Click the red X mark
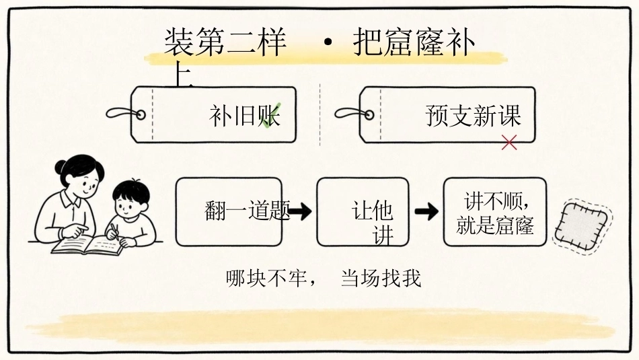[509, 143]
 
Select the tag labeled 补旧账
[213, 114]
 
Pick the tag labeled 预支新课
[447, 114]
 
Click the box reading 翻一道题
[229, 211]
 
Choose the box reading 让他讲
[363, 211]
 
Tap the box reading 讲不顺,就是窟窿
[495, 211]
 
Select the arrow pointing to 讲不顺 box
[426, 211]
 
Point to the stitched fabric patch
[582, 225]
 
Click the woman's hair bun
[61, 166]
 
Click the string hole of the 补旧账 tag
[141, 114]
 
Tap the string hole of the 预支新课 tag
[369, 114]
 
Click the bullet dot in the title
[328, 42]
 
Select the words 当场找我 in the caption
[381, 279]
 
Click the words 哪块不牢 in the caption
[266, 279]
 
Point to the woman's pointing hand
[75, 231]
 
